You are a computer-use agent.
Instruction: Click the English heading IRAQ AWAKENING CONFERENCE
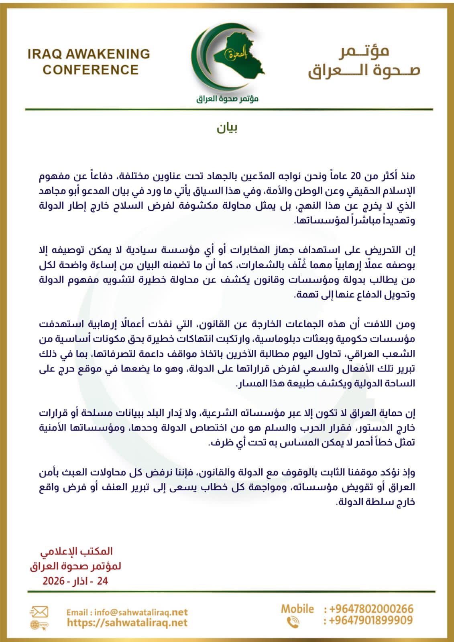click(x=89, y=62)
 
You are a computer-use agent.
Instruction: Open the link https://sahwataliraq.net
click(x=127, y=622)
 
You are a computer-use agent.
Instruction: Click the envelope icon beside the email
click(x=39, y=612)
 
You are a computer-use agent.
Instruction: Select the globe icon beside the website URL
click(x=39, y=625)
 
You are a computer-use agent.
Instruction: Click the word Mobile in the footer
click(x=297, y=609)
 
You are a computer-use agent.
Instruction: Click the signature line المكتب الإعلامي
click(x=76, y=552)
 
